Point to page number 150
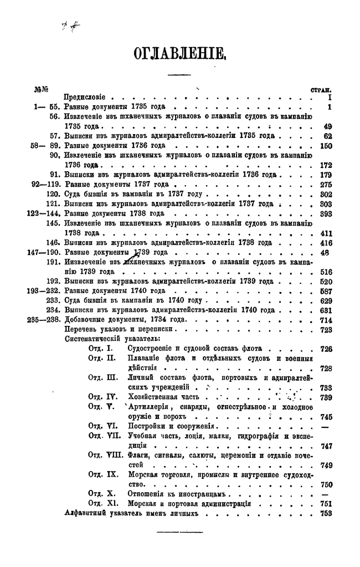[x=325, y=145]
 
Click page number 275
[x=325, y=184]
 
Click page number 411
[x=325, y=233]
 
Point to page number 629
[x=325, y=300]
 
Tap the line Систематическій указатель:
[x=112, y=339]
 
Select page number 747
[x=326, y=446]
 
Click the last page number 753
[x=325, y=513]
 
